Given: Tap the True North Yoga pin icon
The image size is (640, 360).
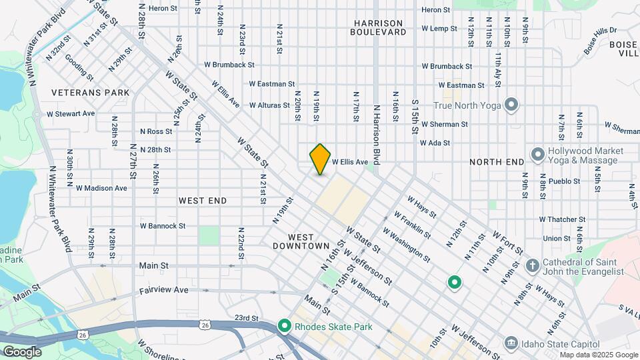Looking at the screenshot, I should point(511,105).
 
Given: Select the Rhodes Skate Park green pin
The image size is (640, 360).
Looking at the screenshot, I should point(285,326).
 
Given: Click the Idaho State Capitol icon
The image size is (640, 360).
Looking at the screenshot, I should point(511,343).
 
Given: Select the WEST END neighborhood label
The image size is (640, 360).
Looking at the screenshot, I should point(203,201).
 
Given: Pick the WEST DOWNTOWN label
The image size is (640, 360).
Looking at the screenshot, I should point(301,241).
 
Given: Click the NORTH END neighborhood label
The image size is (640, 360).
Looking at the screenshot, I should point(497,162).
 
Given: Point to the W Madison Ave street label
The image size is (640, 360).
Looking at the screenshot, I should point(101,188).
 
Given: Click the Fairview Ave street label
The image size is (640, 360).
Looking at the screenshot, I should point(164,291).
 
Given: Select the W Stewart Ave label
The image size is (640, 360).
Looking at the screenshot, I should point(71,114).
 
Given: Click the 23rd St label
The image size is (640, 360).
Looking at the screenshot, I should point(246,318).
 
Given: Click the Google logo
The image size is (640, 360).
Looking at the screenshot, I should point(22,352).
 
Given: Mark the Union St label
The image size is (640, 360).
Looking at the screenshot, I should point(557,238).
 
